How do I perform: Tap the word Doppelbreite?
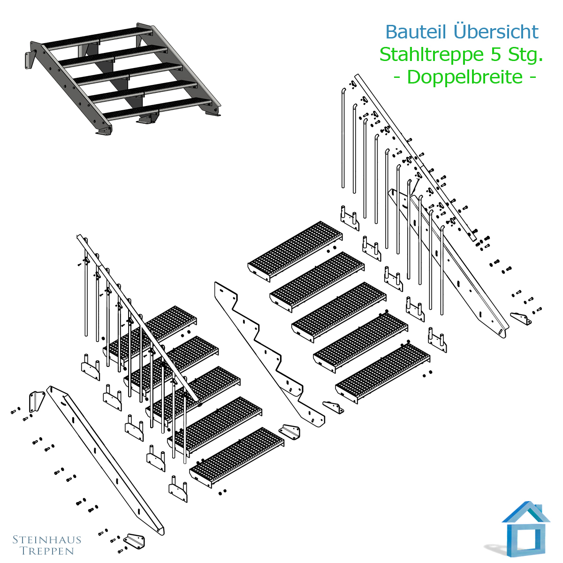(464, 76)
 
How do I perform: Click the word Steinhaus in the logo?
(47, 540)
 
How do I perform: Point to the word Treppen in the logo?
(47, 551)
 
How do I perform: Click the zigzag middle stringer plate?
(269, 354)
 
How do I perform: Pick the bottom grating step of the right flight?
(383, 373)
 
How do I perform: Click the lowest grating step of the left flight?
(236, 457)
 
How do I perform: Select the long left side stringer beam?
(106, 460)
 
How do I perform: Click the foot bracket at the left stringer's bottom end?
(134, 541)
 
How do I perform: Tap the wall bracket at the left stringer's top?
(37, 402)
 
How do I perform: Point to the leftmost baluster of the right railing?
(343, 138)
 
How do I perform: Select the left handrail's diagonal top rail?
(137, 318)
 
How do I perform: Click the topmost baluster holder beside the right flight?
(350, 218)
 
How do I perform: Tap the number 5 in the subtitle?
(495, 54)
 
